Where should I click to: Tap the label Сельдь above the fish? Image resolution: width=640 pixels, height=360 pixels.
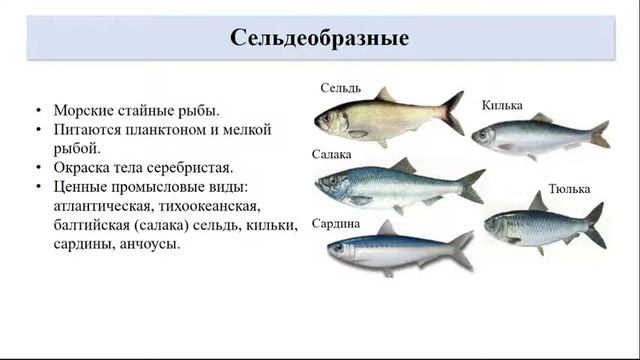coord(340,88)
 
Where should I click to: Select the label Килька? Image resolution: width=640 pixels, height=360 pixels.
coord(502,105)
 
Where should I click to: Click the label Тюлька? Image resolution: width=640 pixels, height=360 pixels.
coord(569,188)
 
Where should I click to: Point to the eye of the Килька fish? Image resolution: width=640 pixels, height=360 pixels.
coord(483,133)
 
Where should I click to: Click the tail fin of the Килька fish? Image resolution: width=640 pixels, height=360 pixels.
coord(600,134)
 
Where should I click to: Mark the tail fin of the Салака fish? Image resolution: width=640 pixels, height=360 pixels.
coord(471,185)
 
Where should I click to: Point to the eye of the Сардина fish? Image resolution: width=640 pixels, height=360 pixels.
coord(339,246)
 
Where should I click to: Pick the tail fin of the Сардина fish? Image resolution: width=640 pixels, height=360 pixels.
coord(462,247)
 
